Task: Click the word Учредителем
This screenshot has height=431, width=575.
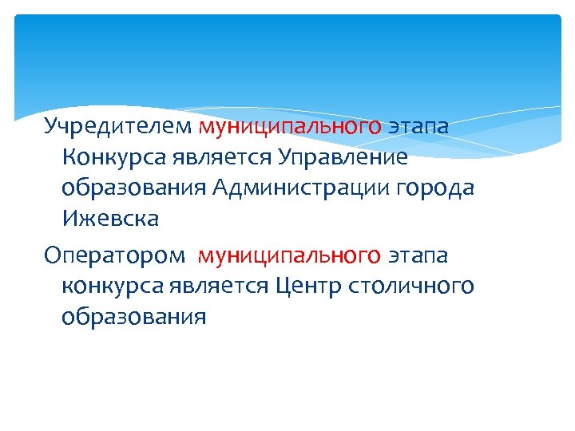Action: pos(118,126)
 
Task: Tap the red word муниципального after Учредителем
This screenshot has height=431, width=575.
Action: pos(290,126)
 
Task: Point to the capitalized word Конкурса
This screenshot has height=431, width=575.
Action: pos(113,156)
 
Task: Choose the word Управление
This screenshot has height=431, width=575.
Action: pos(343,156)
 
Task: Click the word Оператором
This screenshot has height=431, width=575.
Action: pos(114,255)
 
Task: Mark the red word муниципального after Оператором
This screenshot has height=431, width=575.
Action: pos(289,255)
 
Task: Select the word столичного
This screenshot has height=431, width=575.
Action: pos(412,286)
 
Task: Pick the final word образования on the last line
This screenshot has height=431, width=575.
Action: pos(133,316)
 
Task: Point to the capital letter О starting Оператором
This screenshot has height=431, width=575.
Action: pos(52,255)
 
